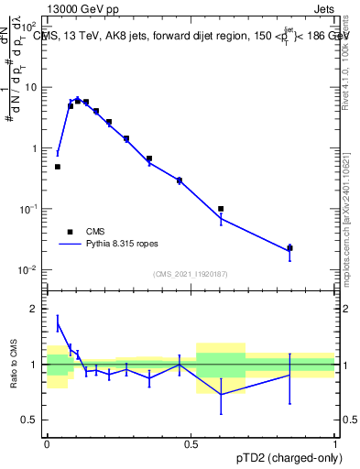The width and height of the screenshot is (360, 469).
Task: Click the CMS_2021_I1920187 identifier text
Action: point(191,273)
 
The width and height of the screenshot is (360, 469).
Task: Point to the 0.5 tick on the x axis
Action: point(191,444)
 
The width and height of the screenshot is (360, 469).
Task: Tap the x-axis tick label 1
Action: point(335,444)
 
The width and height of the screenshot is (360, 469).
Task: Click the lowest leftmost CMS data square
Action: point(58,167)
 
